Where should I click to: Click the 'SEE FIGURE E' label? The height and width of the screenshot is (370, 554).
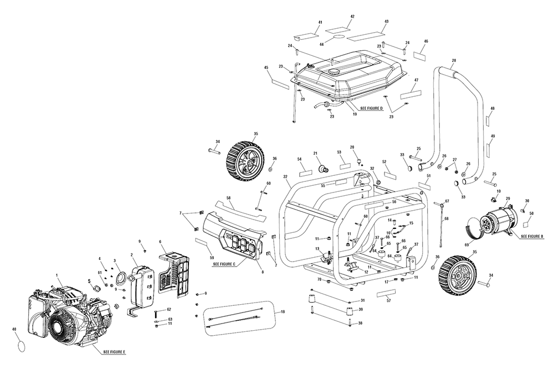pyautogui.click(x=114, y=352)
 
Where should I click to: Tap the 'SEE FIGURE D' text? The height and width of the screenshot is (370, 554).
pyautogui.click(x=372, y=108)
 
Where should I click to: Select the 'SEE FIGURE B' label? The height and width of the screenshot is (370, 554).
pyautogui.click(x=532, y=236)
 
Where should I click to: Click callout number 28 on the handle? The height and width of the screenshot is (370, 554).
pyautogui.click(x=454, y=60)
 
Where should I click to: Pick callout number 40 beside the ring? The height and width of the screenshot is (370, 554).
pyautogui.click(x=14, y=330)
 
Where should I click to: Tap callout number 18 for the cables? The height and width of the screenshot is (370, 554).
pyautogui.click(x=283, y=312)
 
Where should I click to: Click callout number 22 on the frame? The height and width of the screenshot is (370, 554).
pyautogui.click(x=285, y=176)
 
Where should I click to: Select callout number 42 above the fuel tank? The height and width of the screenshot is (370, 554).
pyautogui.click(x=352, y=17)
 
